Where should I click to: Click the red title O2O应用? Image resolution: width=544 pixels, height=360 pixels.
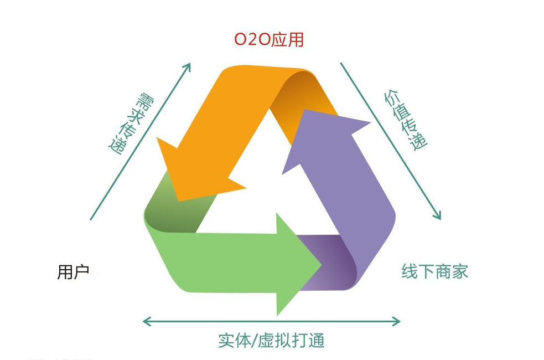pyautogui.click(x=269, y=39)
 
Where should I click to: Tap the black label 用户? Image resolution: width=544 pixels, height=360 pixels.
pyautogui.click(x=73, y=271)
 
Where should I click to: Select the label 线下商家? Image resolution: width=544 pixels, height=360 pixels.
pyautogui.click(x=435, y=271)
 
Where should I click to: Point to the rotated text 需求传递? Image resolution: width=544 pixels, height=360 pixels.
pyautogui.click(x=132, y=124)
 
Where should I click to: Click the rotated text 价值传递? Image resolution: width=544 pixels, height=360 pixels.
pyautogui.click(x=406, y=121)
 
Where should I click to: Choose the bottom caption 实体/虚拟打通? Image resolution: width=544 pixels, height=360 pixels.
pyautogui.click(x=271, y=340)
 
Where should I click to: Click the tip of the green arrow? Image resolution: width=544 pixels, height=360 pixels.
pyautogui.click(x=322, y=265)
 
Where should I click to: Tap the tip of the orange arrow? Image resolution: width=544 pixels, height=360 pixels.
pyautogui.click(x=178, y=200)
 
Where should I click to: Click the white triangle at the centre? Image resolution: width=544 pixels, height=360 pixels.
pyautogui.click(x=267, y=187)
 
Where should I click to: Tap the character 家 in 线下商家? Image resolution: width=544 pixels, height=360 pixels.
pyautogui.click(x=460, y=271)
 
